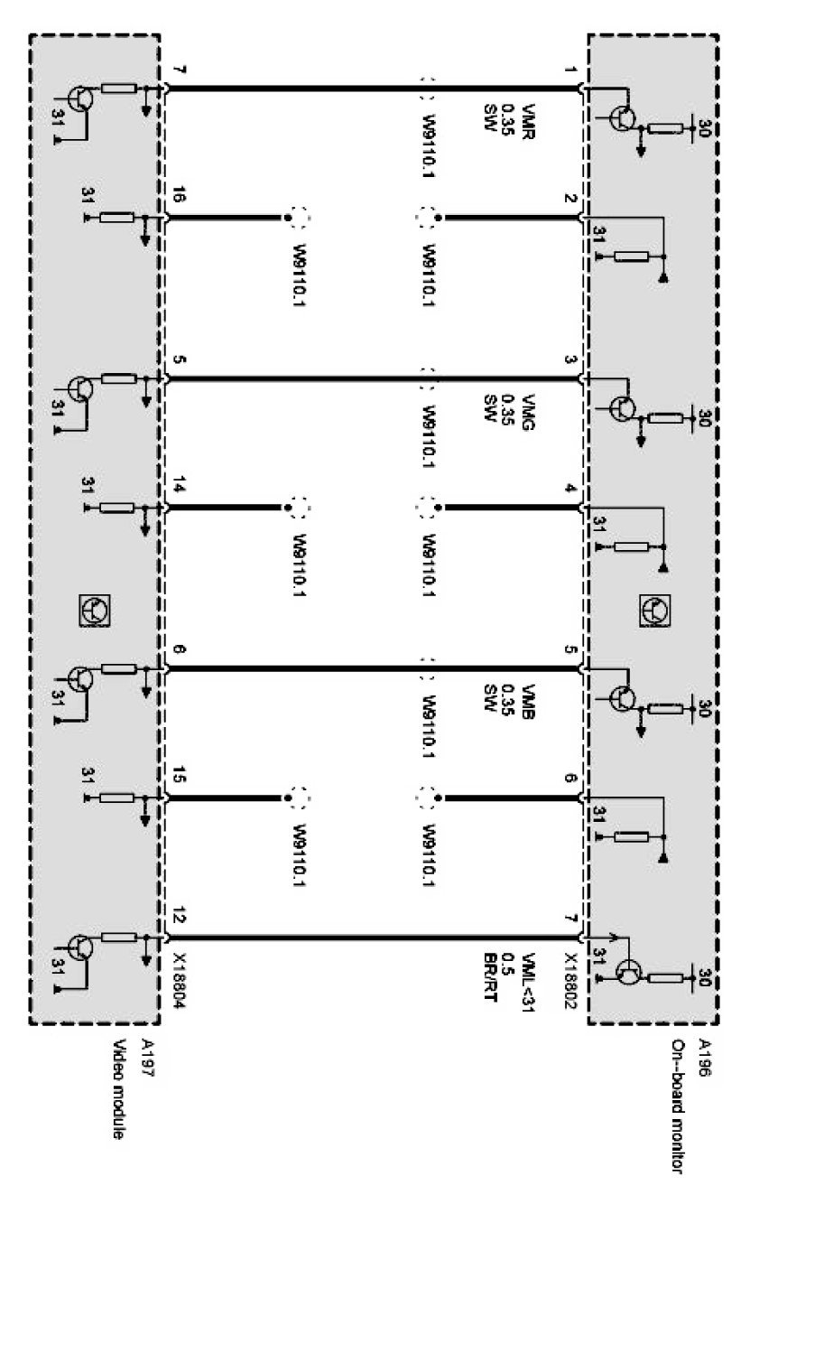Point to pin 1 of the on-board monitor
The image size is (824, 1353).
tap(569, 70)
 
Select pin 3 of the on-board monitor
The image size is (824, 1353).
tap(569, 360)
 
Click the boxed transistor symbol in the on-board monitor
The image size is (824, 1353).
tap(653, 610)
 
